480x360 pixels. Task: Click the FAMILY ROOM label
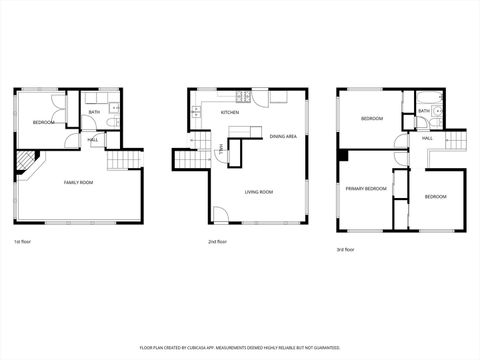(x=78, y=182)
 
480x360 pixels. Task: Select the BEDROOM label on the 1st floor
(x=43, y=123)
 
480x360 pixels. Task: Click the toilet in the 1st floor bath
(x=118, y=123)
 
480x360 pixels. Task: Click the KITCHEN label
(x=230, y=112)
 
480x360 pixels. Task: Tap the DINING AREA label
(x=283, y=136)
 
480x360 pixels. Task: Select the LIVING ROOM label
(x=260, y=192)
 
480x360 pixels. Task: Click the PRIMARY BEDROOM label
(x=366, y=188)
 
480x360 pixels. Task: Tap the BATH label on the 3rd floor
(x=424, y=111)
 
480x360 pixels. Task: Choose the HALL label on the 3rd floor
(x=427, y=137)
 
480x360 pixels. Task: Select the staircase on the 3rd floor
(x=454, y=141)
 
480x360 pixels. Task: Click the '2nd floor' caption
(x=217, y=242)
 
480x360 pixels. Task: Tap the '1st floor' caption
(x=22, y=242)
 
